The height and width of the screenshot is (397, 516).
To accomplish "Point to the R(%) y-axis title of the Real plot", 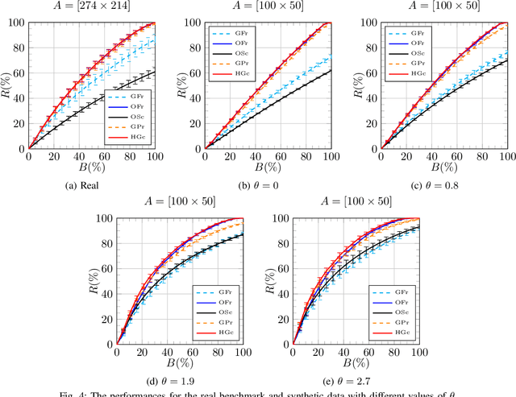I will (6, 85).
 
